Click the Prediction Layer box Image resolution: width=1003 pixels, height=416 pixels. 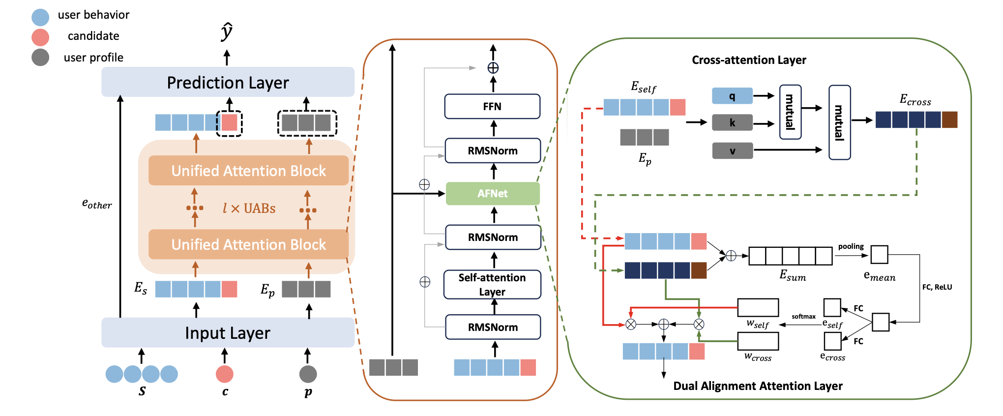point(228,82)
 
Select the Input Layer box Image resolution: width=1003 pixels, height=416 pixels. point(228,333)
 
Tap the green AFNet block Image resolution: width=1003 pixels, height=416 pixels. point(493,194)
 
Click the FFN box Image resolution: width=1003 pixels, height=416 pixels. point(492,106)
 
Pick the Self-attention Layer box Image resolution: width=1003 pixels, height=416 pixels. point(492,285)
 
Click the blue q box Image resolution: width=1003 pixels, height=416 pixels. point(732,96)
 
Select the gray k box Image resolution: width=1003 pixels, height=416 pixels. point(732,122)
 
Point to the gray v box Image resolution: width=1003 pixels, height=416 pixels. point(732,150)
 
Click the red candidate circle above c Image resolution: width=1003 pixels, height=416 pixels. point(225,374)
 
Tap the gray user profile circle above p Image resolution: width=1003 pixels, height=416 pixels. point(308,374)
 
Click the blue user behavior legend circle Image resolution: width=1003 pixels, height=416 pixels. point(40,17)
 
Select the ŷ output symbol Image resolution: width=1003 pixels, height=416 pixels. point(227,31)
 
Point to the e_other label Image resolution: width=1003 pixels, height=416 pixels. point(97,204)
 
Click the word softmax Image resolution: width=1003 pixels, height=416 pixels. point(803,317)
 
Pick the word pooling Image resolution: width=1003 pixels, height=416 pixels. point(851,246)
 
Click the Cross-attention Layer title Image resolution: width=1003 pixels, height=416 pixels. point(749,60)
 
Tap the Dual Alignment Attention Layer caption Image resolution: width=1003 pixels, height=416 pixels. point(758,386)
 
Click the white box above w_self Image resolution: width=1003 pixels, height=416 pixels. point(758,307)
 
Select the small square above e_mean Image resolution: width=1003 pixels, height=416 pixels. point(879,255)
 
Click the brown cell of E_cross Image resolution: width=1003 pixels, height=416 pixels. point(949,119)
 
